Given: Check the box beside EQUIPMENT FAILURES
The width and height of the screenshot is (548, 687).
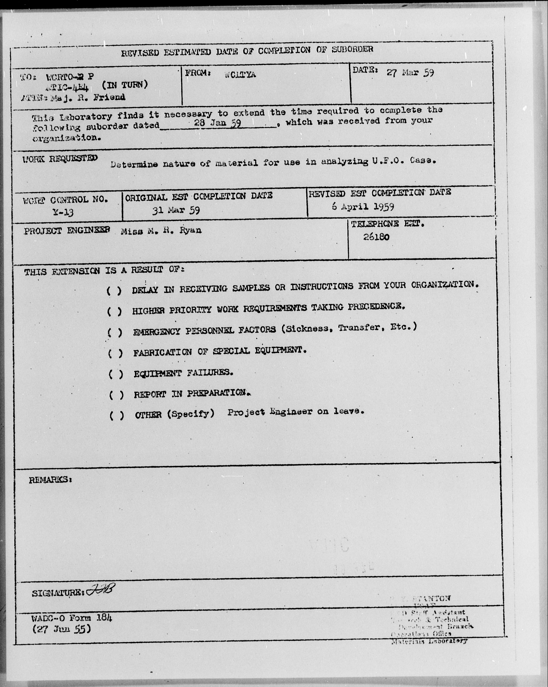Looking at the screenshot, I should coord(116,374).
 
